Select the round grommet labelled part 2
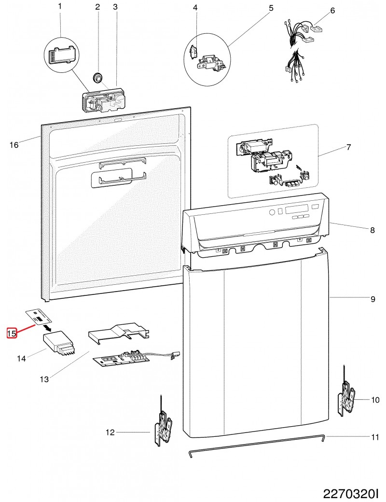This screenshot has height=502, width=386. pyautogui.click(x=98, y=77)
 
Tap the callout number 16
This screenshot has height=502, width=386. pyautogui.click(x=14, y=145)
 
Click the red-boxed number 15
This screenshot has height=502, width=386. pyautogui.click(x=12, y=333)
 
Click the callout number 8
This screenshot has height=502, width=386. pyautogui.click(x=372, y=231)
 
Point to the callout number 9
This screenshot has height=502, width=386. pyautogui.click(x=372, y=299)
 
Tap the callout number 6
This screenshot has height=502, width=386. pyautogui.click(x=332, y=10)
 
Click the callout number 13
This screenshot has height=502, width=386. pyautogui.click(x=44, y=379)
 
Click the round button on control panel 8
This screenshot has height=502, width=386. pyautogui.click(x=272, y=212)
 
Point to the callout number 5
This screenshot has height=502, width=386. pyautogui.click(x=271, y=8)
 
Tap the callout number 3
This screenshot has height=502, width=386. pyautogui.click(x=115, y=7)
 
